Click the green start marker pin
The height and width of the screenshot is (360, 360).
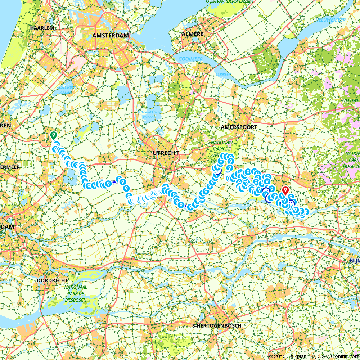click(x=54, y=136)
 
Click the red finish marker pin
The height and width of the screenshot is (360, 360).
click(x=285, y=190)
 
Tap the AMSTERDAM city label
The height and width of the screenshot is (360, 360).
click(x=111, y=35)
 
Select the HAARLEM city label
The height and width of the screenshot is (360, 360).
click(x=42, y=28)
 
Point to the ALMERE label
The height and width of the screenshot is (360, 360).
click(x=193, y=34)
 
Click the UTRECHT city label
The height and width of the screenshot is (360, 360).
click(x=166, y=153)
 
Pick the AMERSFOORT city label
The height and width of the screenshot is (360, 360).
click(x=239, y=127)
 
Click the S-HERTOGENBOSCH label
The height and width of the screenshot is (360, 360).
click(x=217, y=325)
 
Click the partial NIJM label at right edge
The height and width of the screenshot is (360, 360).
click(x=354, y=260)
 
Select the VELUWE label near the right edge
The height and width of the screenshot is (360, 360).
click(x=352, y=100)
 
